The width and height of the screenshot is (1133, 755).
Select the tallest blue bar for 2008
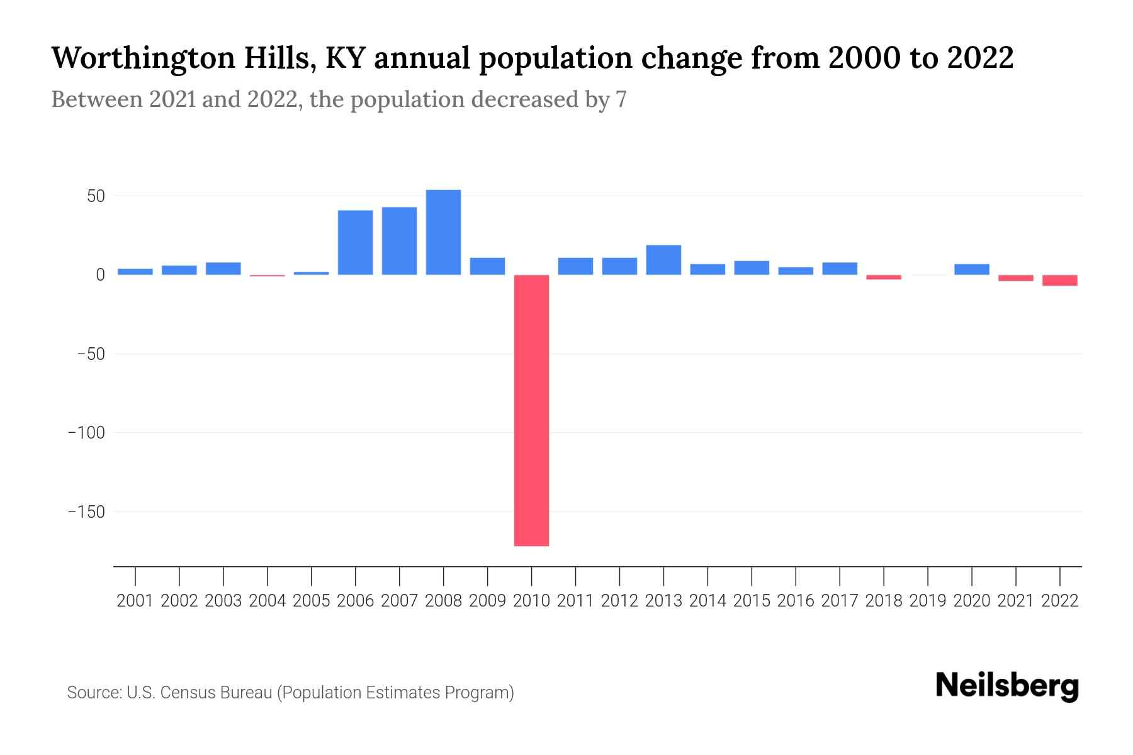click(443, 232)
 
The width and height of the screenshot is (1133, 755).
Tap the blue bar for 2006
click(355, 242)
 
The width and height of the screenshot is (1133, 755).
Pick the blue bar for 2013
click(663, 260)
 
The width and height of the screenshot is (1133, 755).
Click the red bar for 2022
click(1060, 281)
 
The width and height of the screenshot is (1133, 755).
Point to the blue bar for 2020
click(972, 269)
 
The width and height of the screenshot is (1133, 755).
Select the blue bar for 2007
click(399, 241)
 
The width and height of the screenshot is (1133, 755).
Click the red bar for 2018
click(884, 277)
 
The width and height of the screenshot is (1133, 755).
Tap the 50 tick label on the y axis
click(96, 196)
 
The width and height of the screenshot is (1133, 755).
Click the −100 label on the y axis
click(86, 433)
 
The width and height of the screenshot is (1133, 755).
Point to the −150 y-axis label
click(86, 512)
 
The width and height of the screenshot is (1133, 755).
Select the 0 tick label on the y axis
click(100, 275)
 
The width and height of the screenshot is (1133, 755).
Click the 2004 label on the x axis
click(268, 601)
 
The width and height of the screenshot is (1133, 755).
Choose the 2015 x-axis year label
click(752, 601)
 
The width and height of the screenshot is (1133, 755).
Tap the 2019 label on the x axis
click(928, 601)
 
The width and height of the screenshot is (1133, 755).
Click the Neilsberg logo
click(1006, 686)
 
